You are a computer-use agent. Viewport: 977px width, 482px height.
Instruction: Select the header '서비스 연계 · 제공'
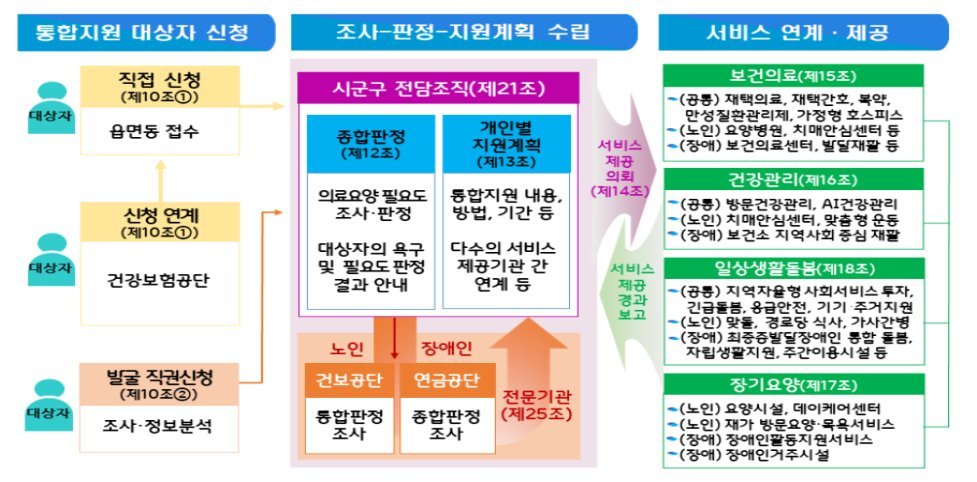[789, 33]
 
